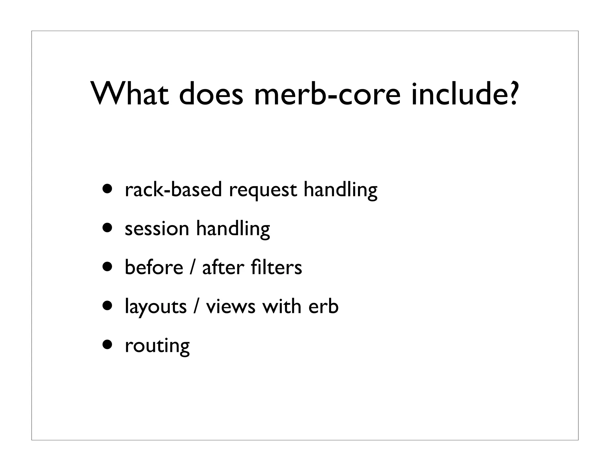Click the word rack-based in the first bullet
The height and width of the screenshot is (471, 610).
pyautogui.click(x=173, y=190)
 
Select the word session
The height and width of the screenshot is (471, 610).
pyautogui.click(x=157, y=229)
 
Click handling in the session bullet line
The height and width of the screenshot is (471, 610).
pyautogui.click(x=233, y=229)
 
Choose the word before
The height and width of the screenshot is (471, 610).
pyautogui.click(x=154, y=267)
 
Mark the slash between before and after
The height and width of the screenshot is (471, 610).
pyautogui.click(x=193, y=267)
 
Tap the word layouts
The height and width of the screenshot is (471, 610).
pyautogui.click(x=155, y=307)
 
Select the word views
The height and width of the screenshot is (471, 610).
pyautogui.click(x=231, y=307)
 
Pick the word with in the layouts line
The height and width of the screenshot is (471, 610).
pyautogui.click(x=281, y=307)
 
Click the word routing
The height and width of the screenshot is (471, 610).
pyautogui.click(x=157, y=346)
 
